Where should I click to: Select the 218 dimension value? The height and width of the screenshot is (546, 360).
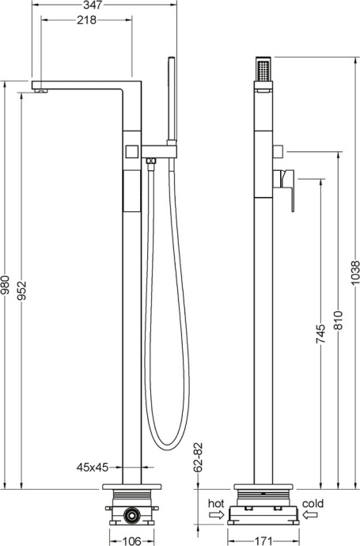(x=87, y=21)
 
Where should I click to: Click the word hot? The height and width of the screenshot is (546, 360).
(x=216, y=503)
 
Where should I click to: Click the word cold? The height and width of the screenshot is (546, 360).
(x=313, y=503)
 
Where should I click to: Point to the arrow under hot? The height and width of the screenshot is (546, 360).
(x=216, y=515)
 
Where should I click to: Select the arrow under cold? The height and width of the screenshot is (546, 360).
(x=312, y=515)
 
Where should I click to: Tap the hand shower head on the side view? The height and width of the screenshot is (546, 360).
(x=263, y=72)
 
